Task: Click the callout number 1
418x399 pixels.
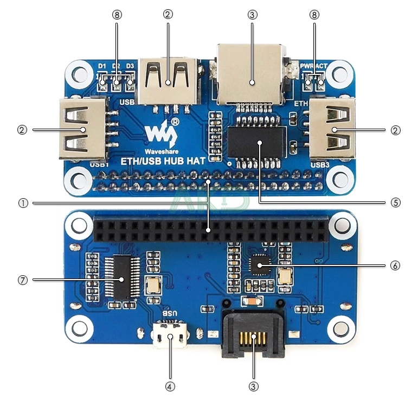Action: pos(22,203)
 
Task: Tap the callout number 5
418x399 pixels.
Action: pos(395,203)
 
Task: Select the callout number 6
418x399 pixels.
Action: pos(395,265)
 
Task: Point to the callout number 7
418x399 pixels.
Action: pos(22,280)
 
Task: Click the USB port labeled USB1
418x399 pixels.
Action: pos(82,129)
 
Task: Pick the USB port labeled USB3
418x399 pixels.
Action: pos(333,129)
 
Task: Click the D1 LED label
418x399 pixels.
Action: pos(102,66)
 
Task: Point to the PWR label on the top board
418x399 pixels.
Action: pos(306,66)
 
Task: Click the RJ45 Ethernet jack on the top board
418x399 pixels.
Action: pos(250,76)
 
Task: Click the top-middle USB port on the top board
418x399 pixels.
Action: pos(168,80)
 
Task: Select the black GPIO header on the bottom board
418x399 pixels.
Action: pos(210,231)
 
